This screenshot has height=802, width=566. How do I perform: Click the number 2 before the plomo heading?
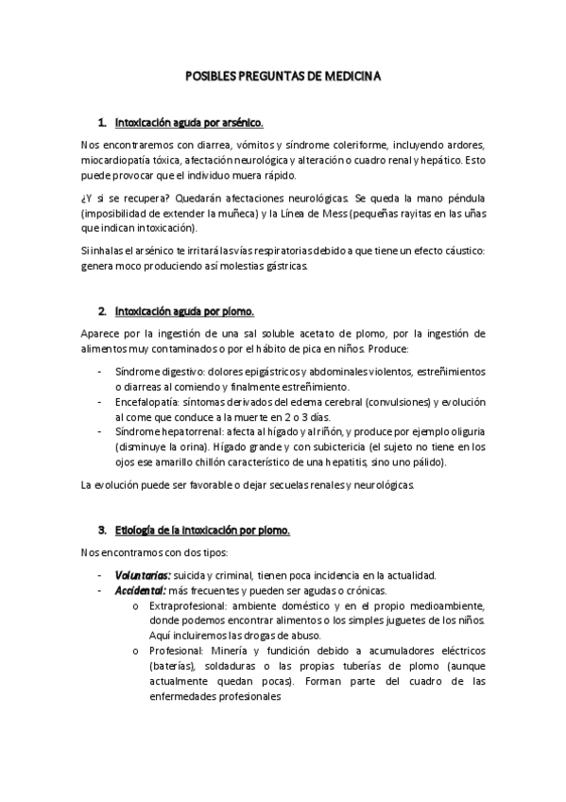pos(102,310)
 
